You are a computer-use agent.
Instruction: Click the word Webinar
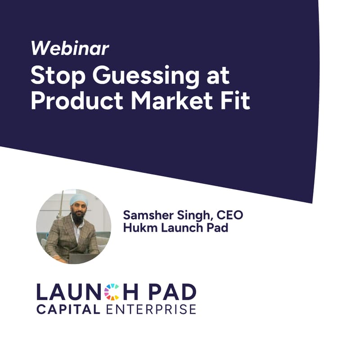pyautogui.click(x=70, y=48)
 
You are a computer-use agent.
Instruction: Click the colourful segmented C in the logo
pyautogui.click(x=112, y=292)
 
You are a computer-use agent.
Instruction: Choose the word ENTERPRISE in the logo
pyautogui.click(x=152, y=309)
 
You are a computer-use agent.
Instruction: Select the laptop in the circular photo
pyautogui.click(x=81, y=258)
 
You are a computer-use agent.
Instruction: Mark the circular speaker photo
pyautogui.click(x=73, y=226)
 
